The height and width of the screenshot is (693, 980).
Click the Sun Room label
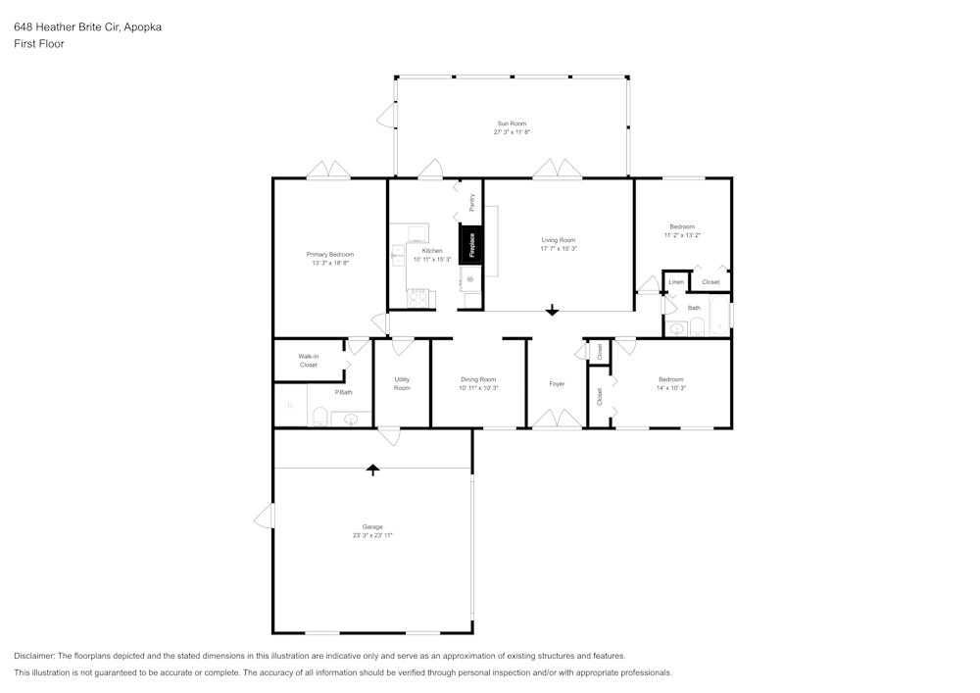tap(512, 124)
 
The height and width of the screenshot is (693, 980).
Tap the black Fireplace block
tap(471, 245)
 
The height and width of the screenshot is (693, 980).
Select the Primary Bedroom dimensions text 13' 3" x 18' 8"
tap(330, 263)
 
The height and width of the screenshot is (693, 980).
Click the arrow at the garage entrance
tap(372, 470)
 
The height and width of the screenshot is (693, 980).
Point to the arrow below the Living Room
tap(552, 310)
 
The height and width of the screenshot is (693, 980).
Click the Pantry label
tap(472, 203)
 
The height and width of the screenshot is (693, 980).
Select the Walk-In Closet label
tap(309, 361)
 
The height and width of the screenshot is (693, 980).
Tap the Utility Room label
tap(402, 383)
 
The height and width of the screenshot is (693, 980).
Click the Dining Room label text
tap(479, 379)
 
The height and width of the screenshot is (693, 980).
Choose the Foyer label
tap(557, 383)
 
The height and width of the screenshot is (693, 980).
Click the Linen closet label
tap(676, 282)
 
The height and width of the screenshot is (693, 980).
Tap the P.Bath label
tap(343, 392)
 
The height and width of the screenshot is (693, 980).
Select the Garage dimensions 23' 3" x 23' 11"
tap(372, 535)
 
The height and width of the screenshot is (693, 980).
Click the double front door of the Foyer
tap(557, 420)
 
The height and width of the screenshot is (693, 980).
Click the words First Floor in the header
tap(39, 44)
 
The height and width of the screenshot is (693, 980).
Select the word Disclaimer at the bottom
tap(34, 656)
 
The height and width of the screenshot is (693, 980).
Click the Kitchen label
tap(432, 251)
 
